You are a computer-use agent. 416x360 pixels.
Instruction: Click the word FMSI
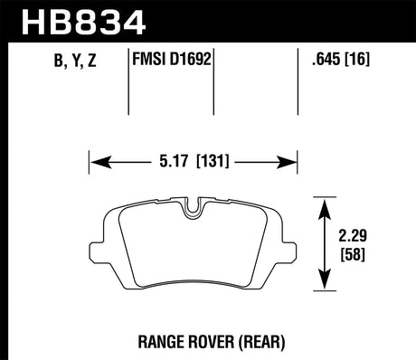coord(150,62)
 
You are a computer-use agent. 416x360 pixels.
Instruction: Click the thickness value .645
coord(325,62)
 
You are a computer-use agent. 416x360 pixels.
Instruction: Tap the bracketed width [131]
coord(210,163)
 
